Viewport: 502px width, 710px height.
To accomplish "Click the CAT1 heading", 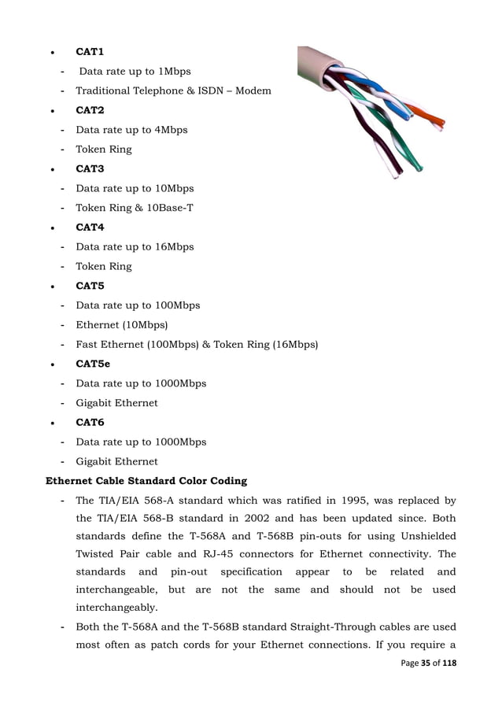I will [90, 52].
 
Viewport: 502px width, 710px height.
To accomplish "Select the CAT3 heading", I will [90, 169].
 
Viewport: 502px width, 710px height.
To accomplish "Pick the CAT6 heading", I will [90, 423].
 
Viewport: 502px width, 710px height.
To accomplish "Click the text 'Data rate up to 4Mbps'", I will [131, 130].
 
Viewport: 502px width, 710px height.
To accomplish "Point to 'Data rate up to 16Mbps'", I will [135, 247].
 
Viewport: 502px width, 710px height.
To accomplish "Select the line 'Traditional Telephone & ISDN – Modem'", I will [173, 91].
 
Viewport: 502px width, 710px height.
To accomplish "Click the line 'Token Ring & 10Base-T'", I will [135, 209].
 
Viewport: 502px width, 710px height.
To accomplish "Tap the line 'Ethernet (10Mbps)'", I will [122, 325].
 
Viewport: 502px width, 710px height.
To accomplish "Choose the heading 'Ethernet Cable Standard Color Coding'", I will [146, 481].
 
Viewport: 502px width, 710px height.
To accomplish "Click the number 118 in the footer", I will [448, 664].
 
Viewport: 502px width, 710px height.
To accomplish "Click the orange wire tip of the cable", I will [434, 122].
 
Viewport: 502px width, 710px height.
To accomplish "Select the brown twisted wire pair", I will [370, 146].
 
